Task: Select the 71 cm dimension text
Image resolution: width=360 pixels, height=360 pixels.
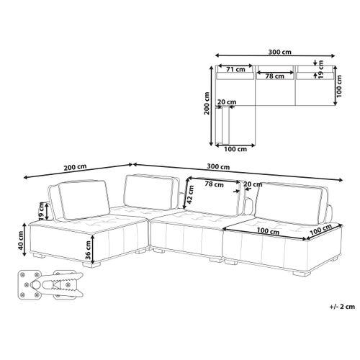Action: [x=234, y=71]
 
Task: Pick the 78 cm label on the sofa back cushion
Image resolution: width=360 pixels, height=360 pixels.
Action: [x=214, y=184]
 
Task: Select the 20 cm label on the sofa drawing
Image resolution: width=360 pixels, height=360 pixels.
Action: [x=252, y=184]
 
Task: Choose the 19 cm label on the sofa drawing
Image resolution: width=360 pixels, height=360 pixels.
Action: [x=42, y=211]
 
